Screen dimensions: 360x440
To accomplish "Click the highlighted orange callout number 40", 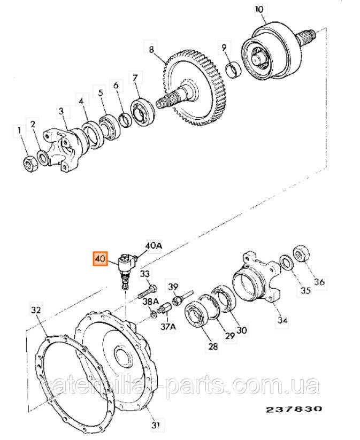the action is coord(100,259).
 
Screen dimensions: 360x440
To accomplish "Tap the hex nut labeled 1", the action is coord(30,164).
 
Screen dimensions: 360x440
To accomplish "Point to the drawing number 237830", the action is coord(294,409).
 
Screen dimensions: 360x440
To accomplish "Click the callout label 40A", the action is coord(154,246).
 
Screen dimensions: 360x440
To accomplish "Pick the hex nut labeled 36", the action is coord(301,254).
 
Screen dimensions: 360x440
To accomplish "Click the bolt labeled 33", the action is coord(147,291).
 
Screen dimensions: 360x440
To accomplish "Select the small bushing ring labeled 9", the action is coord(234,70).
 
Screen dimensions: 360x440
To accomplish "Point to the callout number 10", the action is coord(259,10).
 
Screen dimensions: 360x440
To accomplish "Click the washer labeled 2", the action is coord(44,157).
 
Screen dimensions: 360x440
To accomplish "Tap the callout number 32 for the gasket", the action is coord(36,310).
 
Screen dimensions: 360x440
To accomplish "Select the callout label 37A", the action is coord(168,327).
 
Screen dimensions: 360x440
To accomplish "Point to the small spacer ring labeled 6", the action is coord(125,119).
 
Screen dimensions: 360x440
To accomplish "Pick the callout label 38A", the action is coord(151,302).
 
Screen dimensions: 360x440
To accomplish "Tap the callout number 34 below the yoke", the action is coord(282,320).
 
